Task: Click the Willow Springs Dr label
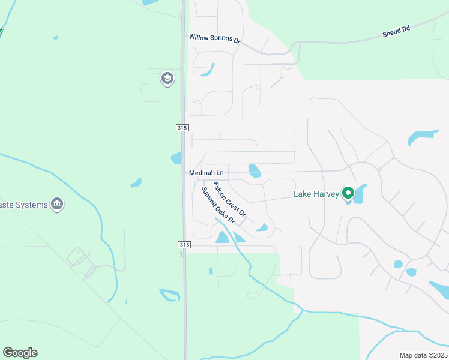pos(214,38)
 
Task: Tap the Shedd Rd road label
pos(396,32)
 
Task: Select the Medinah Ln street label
pos(206,173)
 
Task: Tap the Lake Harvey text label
pos(316,194)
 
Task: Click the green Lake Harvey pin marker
pos(348,193)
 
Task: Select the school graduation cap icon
pos(167,79)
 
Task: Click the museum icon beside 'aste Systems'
pos(58,205)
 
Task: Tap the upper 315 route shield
pos(183,128)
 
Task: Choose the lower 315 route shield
pos(185,245)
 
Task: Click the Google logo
pos(20,353)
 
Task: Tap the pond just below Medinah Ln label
pos(255,171)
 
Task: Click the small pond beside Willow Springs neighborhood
pos(208,70)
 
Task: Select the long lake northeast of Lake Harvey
pos(423,137)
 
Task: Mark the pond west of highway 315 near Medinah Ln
pos(176,158)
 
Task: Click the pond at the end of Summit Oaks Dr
pos(223,237)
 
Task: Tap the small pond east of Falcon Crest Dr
pos(262,227)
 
